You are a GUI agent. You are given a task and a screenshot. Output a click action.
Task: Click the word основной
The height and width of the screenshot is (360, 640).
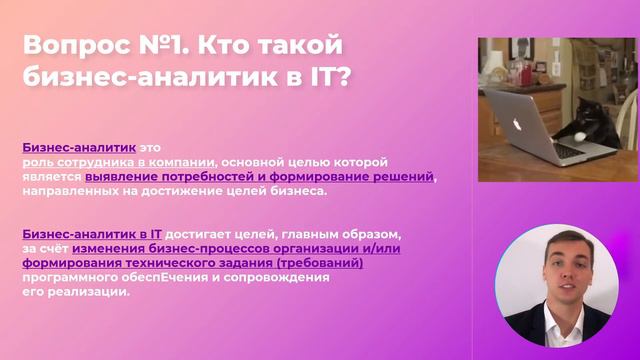255,161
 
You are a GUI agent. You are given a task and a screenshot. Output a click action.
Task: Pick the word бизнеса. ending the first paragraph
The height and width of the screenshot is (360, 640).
299,191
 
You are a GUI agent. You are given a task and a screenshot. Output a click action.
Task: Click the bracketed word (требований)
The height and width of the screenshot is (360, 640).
318,263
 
